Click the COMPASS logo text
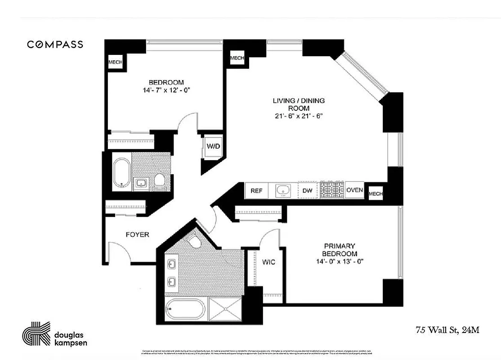tap(55, 44)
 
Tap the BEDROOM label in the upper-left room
tap(166, 82)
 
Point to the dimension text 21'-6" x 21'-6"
tap(299, 116)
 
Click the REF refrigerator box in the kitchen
tap(256, 191)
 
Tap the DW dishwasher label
tap(308, 191)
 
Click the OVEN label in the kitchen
tap(354, 190)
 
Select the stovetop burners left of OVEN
tap(332, 190)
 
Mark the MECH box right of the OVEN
tap(375, 194)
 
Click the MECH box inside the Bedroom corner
tap(115, 62)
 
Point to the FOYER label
tap(137, 234)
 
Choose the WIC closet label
tap(268, 262)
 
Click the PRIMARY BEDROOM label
tap(340, 250)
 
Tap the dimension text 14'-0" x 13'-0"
tap(340, 261)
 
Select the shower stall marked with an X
tap(228, 309)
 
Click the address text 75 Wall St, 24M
tap(447, 330)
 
